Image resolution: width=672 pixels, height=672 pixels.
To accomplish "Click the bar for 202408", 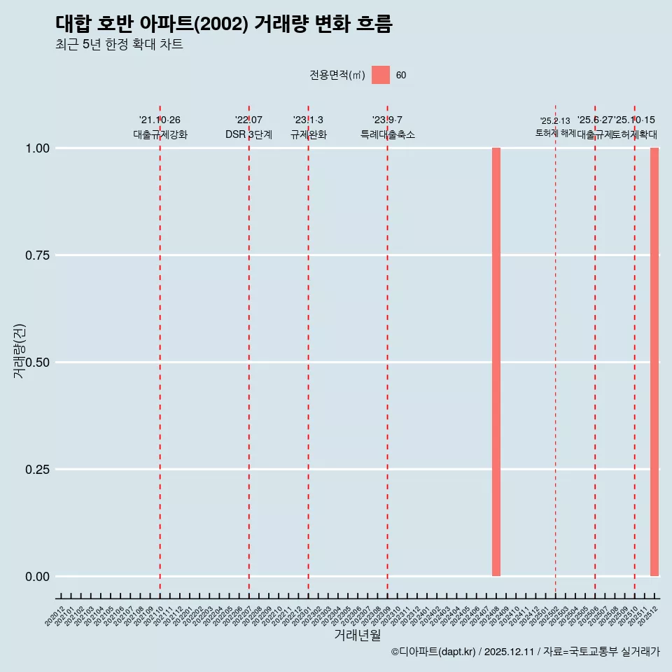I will pyautogui.click(x=496, y=362).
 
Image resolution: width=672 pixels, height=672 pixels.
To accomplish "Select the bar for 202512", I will pyautogui.click(x=654, y=362).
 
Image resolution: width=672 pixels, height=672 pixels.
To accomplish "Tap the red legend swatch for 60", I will pyautogui.click(x=381, y=75).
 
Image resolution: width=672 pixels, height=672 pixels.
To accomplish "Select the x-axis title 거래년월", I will pyautogui.click(x=357, y=635).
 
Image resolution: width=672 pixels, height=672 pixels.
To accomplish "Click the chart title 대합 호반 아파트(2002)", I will pyautogui.click(x=224, y=24).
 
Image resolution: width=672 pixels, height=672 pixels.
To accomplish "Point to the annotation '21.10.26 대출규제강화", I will pyautogui.click(x=160, y=127).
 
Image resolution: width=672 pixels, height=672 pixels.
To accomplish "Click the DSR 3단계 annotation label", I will pyautogui.click(x=248, y=134).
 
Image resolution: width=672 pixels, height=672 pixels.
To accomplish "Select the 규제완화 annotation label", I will pyautogui.click(x=308, y=134).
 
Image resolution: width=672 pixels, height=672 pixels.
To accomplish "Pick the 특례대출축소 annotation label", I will pyautogui.click(x=388, y=134).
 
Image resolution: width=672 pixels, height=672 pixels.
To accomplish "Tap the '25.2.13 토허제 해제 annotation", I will pyautogui.click(x=555, y=127).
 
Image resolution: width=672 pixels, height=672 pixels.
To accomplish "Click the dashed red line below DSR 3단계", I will pyautogui.click(x=249, y=350).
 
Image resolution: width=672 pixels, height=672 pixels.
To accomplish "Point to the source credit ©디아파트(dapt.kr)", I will pyautogui.click(x=434, y=652).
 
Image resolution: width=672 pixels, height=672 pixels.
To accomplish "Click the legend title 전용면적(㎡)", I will pyautogui.click(x=337, y=75).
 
